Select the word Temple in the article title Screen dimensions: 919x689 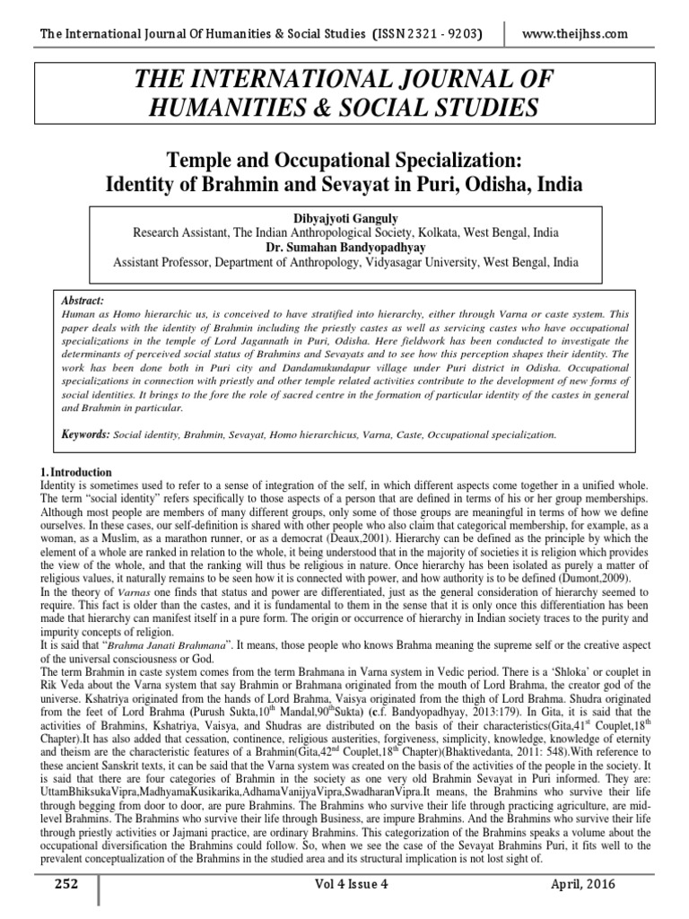coord(200,162)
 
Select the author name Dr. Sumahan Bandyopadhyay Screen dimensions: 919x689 coord(345,247)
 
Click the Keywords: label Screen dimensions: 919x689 coord(84,433)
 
